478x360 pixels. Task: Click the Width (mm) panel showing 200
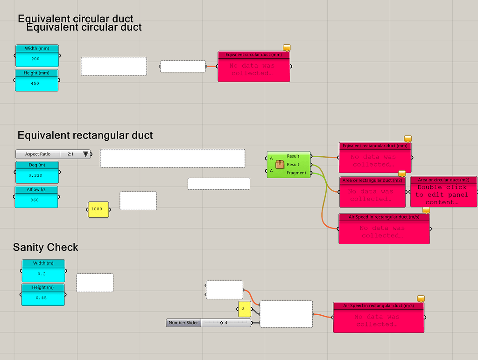click(37, 56)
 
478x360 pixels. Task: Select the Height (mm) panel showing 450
click(37, 81)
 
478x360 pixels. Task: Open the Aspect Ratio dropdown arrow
click(85, 154)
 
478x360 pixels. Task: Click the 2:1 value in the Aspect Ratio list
click(70, 154)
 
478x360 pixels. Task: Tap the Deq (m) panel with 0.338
click(37, 173)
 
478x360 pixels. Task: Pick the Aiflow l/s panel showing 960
click(37, 197)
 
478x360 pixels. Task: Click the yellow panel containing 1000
click(98, 209)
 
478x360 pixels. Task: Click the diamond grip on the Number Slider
click(222, 323)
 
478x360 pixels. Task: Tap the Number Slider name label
click(183, 323)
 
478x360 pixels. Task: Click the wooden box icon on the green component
click(280, 164)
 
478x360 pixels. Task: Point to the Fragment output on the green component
click(296, 173)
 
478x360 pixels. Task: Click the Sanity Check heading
click(46, 247)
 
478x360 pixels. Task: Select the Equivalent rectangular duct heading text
click(85, 136)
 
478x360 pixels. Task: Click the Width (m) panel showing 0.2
click(43, 271)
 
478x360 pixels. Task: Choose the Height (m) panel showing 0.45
click(43, 295)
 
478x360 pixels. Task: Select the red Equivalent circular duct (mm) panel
click(253, 67)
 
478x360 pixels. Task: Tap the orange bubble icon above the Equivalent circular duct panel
click(287, 48)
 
